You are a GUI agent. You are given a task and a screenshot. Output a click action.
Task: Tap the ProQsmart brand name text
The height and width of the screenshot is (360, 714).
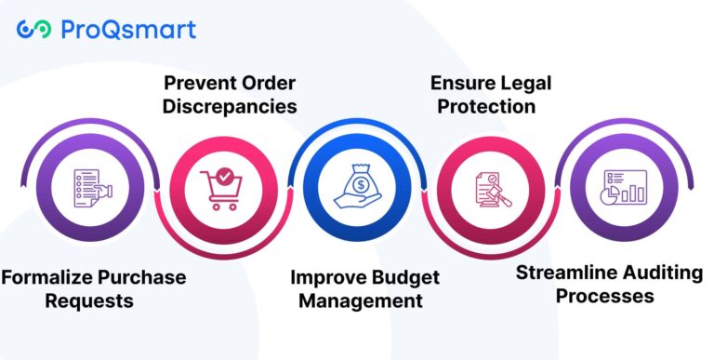128,30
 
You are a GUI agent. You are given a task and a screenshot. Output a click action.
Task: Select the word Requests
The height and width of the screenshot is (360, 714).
93,300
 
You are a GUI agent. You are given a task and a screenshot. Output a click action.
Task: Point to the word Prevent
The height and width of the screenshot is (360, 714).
202,83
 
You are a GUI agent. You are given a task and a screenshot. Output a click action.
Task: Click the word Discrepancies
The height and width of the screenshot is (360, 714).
230,106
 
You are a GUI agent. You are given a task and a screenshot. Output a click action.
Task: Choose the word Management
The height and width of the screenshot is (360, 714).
357,300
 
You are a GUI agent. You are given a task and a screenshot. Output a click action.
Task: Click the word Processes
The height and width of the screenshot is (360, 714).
600,296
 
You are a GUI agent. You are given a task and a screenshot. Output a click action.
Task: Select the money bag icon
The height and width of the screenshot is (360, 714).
358,184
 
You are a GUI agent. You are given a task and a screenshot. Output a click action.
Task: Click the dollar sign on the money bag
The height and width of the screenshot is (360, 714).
358,179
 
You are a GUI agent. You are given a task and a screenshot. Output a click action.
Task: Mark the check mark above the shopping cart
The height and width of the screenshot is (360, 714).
224,174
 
